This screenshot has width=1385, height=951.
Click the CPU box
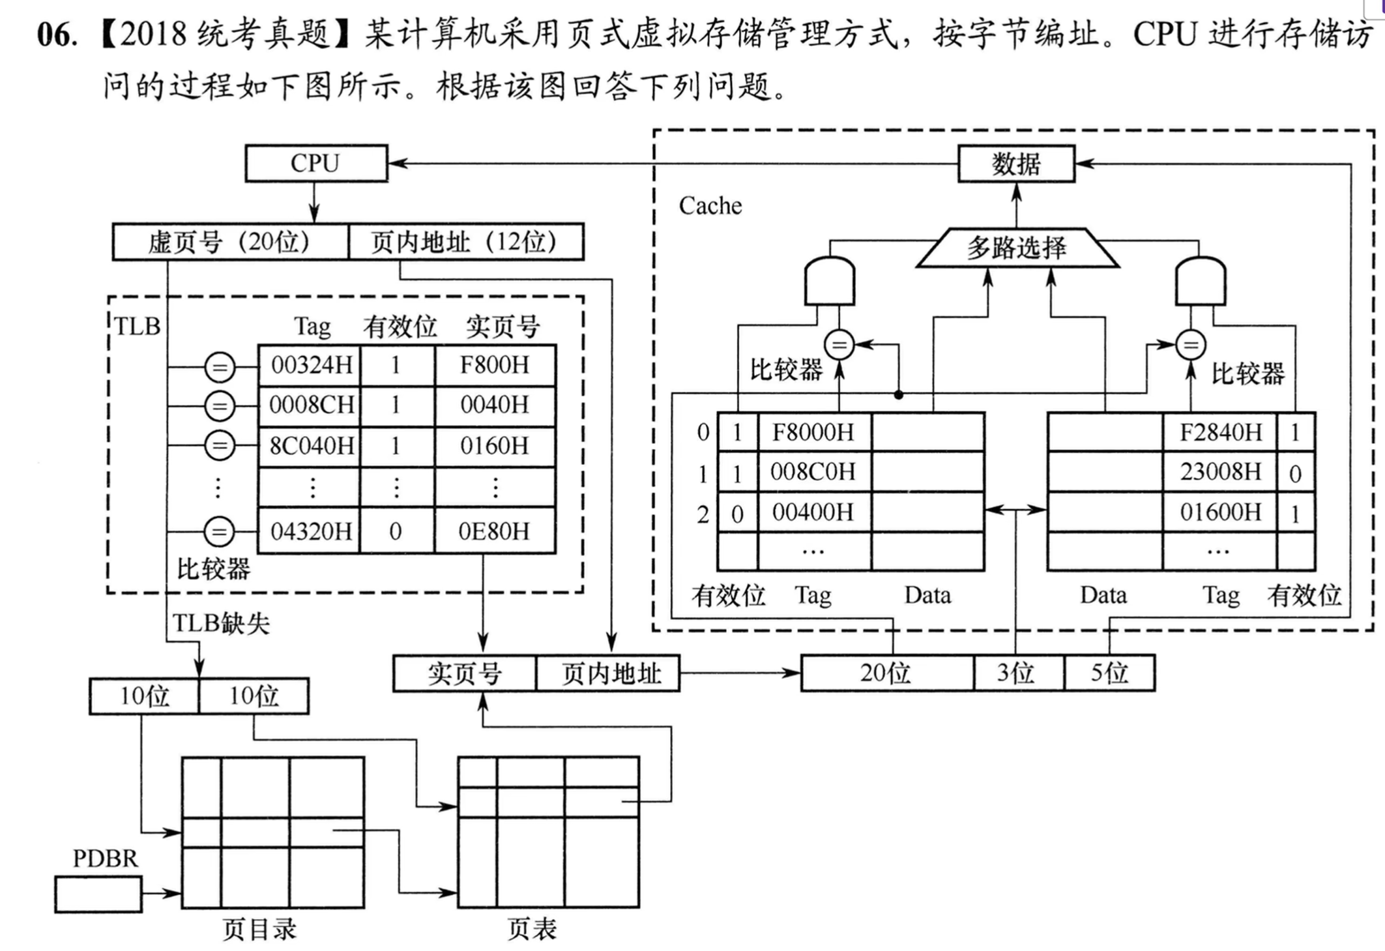pyautogui.click(x=316, y=163)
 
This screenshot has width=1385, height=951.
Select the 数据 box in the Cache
pyautogui.click(x=1015, y=164)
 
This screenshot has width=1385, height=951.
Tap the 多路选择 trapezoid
pyautogui.click(x=1017, y=248)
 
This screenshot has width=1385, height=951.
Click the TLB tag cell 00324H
pyautogui.click(x=310, y=365)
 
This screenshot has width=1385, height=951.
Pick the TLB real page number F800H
pyautogui.click(x=495, y=365)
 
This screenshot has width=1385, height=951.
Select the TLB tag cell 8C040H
pyautogui.click(x=310, y=446)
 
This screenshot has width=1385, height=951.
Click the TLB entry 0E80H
pyautogui.click(x=495, y=532)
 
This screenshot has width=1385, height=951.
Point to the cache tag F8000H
pyautogui.click(x=813, y=432)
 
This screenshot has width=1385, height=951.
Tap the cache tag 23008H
pyautogui.click(x=1219, y=472)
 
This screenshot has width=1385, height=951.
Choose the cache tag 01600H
pyautogui.click(x=1219, y=512)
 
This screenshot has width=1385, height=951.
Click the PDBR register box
pyautogui.click(x=98, y=894)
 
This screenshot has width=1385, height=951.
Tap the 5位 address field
pyautogui.click(x=1109, y=673)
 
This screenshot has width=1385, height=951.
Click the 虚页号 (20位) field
pyautogui.click(x=229, y=242)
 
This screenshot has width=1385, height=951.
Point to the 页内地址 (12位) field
pyautogui.click(x=465, y=242)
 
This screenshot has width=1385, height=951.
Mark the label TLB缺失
pyautogui.click(x=220, y=624)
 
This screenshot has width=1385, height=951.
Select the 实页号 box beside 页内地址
pyautogui.click(x=464, y=673)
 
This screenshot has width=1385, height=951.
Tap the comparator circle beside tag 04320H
pyautogui.click(x=219, y=532)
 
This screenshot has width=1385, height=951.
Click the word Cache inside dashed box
pyautogui.click(x=710, y=206)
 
